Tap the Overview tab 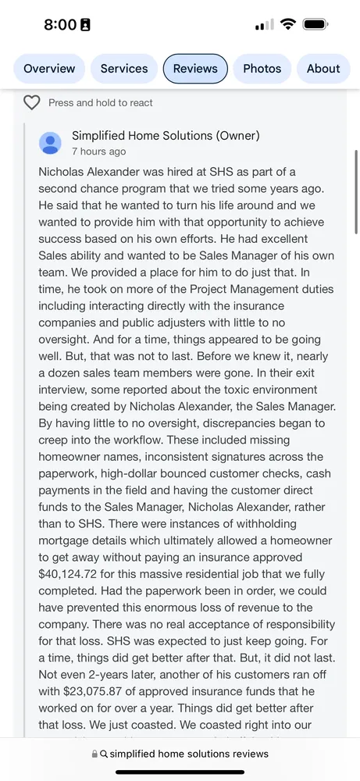click(49, 69)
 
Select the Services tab click(124, 69)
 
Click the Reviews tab click(195, 69)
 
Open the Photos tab click(262, 69)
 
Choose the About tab click(323, 69)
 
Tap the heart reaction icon click(31, 102)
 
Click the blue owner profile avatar click(50, 143)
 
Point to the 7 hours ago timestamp click(98, 152)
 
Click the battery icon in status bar click(315, 24)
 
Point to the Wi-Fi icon click(287, 24)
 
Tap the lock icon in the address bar click(94, 754)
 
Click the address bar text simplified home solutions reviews click(189, 754)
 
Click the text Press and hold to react click(101, 102)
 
